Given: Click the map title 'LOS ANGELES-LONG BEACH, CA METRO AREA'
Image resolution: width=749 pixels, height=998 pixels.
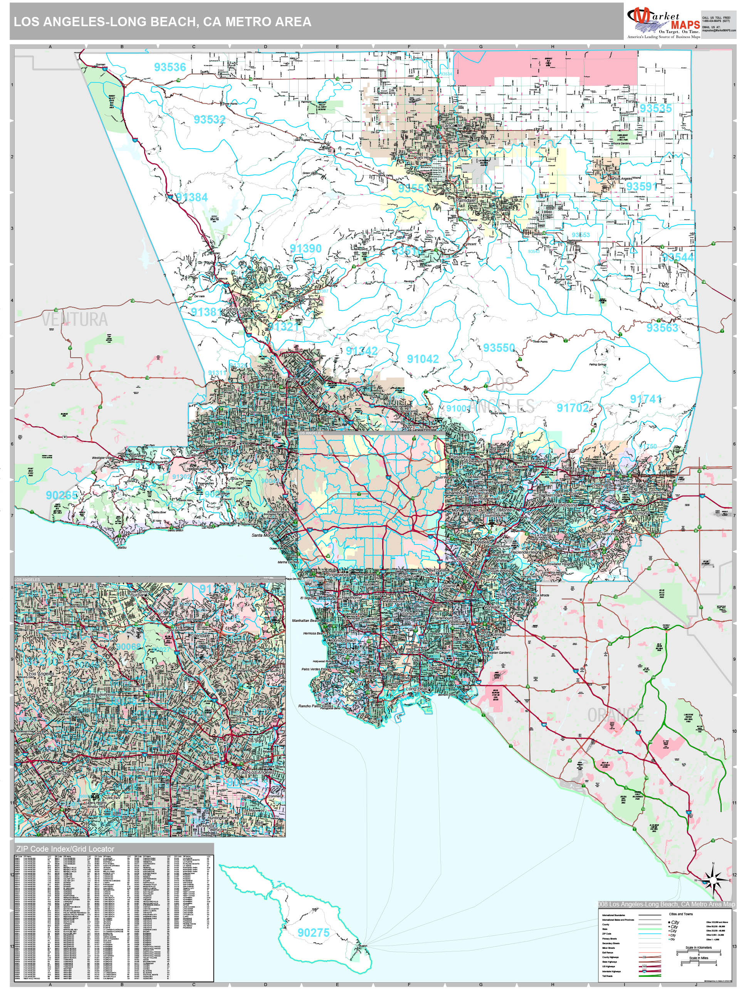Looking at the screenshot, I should [x=163, y=22].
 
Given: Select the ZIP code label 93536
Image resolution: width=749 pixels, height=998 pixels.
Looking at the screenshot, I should [x=170, y=67].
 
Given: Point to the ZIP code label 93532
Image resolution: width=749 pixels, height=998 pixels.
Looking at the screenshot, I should [x=210, y=120].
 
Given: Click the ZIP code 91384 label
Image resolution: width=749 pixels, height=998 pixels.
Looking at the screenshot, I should [x=192, y=198].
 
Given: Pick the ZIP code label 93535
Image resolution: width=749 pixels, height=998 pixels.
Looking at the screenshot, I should [x=655, y=108].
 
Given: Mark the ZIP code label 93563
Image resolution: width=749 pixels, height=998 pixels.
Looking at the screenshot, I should [x=662, y=328].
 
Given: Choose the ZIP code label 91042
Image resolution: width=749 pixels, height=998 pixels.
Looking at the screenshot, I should [x=423, y=359].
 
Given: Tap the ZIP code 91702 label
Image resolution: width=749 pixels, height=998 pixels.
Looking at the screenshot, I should [x=573, y=408].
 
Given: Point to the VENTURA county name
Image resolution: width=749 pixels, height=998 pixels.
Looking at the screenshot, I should [x=75, y=320].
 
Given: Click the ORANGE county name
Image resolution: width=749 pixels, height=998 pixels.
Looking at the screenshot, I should [x=615, y=715].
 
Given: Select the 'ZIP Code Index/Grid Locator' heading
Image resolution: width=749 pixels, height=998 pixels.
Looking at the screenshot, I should [x=65, y=849].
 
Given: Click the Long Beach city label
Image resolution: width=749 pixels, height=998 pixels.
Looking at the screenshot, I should [x=418, y=689].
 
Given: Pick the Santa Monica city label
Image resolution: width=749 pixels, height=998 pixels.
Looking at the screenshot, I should [x=264, y=536].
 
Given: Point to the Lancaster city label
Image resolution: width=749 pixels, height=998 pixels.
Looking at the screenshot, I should [x=453, y=126].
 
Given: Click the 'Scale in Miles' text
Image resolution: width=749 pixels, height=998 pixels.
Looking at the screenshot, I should [x=699, y=958].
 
